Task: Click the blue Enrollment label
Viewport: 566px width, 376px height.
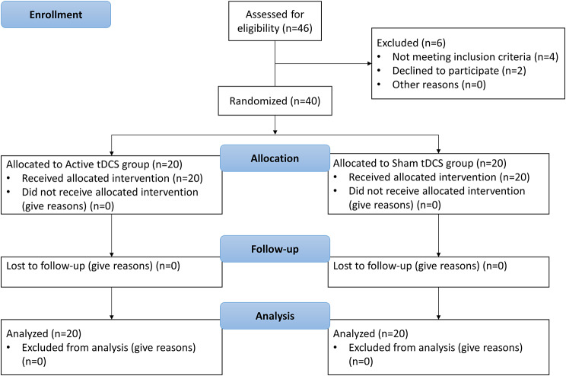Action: point(56,14)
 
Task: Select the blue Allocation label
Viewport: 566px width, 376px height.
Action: point(275,158)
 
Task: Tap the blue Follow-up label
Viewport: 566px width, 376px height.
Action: point(275,249)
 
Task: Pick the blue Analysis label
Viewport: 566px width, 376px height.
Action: point(275,316)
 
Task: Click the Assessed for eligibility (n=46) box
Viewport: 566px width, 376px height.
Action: point(275,21)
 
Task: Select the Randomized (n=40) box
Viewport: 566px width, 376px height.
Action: point(275,100)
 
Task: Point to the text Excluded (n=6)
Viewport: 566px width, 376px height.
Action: point(411,43)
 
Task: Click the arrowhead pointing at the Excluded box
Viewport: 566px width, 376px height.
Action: point(370,64)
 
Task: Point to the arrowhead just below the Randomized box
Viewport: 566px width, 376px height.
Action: point(275,132)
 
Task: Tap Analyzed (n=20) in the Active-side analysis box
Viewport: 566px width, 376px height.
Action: point(43,333)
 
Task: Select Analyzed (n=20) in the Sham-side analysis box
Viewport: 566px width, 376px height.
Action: point(370,333)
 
